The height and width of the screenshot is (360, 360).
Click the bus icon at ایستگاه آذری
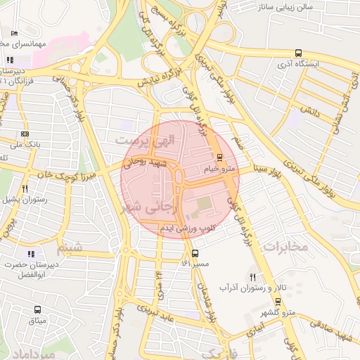(x=299, y=53)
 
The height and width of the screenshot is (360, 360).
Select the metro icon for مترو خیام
(x=219, y=157)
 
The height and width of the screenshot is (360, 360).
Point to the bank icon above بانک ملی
(x=25, y=134)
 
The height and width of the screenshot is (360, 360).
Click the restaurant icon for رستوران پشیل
(x=25, y=188)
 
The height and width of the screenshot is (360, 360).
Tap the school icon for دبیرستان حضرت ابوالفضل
(x=30, y=254)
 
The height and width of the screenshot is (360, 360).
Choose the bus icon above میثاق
(x=37, y=309)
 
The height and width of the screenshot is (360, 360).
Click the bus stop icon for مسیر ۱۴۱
(x=195, y=253)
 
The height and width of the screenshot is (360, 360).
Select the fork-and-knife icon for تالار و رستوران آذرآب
(x=252, y=276)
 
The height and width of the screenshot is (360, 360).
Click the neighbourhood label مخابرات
(x=288, y=247)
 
